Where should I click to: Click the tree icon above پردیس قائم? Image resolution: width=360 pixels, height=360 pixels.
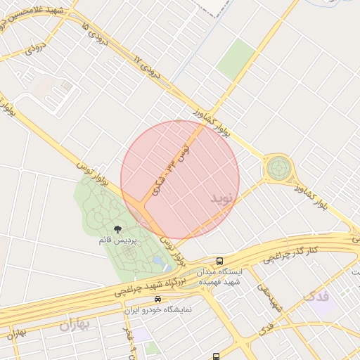[117, 229]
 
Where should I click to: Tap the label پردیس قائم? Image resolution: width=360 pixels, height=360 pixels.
[117, 240]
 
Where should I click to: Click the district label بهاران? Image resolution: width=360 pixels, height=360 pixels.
[76, 325]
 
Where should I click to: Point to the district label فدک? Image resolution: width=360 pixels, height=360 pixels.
[316, 296]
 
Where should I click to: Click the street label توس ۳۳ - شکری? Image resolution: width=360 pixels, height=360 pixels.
[172, 167]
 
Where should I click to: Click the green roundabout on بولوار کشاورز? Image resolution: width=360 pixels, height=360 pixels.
[278, 169]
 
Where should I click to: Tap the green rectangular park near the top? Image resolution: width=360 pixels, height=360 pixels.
[236, 59]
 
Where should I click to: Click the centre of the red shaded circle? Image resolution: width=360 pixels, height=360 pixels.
[180, 180]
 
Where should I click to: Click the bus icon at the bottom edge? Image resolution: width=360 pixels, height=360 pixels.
[217, 356]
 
